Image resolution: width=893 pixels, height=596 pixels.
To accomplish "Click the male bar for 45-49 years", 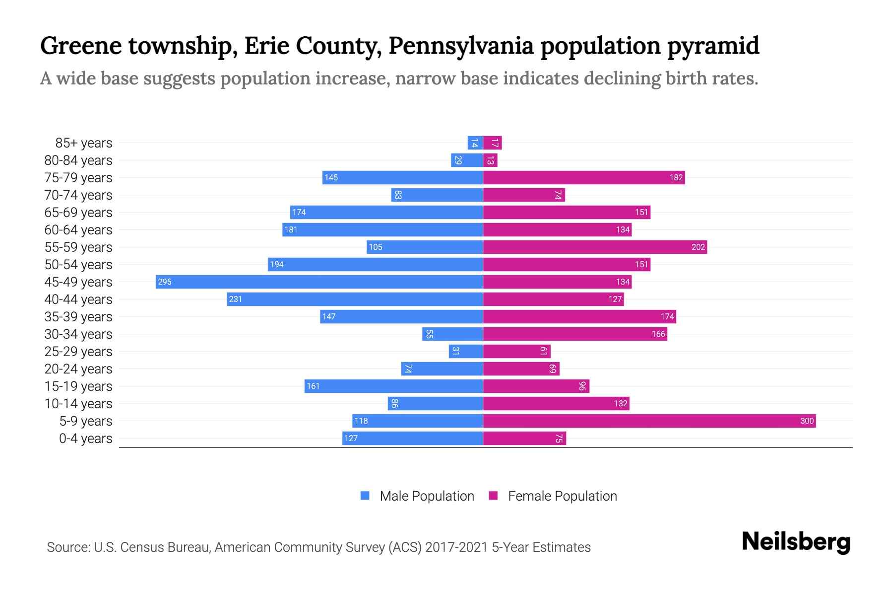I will click(x=319, y=282).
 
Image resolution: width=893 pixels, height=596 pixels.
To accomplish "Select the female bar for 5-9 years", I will click(x=649, y=421).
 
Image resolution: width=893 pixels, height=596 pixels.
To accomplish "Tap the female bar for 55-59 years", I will click(x=595, y=247).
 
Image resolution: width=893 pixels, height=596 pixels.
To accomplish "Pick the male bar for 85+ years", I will click(x=475, y=143).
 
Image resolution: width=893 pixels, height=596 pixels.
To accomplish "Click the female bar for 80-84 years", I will click(x=490, y=160).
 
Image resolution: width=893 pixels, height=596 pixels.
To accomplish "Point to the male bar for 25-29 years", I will click(x=466, y=351).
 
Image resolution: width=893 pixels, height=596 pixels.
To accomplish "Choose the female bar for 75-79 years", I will click(x=584, y=177).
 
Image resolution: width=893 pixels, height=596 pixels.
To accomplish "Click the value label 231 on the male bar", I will click(x=236, y=299).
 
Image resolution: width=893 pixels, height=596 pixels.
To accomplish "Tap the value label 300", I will click(x=807, y=421).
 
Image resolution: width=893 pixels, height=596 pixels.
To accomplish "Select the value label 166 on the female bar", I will click(x=658, y=334).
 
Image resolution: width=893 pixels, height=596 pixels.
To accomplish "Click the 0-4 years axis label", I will click(x=85, y=439).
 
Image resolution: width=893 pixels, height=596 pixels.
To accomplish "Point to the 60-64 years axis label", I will click(x=78, y=230).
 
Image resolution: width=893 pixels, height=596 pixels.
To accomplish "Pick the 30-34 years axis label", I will click(x=78, y=334).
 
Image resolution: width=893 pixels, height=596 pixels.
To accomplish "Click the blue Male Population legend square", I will click(x=365, y=496).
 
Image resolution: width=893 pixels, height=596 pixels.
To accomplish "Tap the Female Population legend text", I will click(x=562, y=496).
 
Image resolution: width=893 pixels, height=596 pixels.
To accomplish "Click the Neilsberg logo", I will click(x=796, y=542).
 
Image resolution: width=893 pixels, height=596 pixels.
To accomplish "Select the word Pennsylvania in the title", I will click(x=461, y=46).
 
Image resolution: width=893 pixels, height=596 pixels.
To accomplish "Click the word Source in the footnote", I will click(x=67, y=547).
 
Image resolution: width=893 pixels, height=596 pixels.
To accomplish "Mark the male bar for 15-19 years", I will click(x=393, y=386).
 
